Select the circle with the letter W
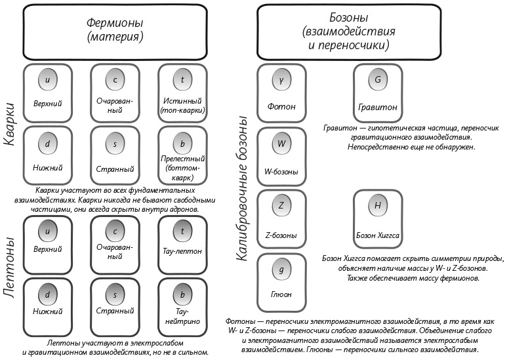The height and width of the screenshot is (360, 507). (x=281, y=144)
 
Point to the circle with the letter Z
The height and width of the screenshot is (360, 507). (x=281, y=206)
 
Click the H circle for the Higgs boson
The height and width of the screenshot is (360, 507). (x=377, y=206)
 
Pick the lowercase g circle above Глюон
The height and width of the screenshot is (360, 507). (x=281, y=269)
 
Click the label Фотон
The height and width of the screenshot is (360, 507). (x=281, y=106)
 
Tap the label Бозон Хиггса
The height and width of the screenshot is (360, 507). (x=377, y=234)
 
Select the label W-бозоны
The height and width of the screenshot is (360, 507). (x=281, y=172)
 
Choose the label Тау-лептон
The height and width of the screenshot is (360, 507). (x=182, y=249)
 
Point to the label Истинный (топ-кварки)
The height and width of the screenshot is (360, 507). (x=182, y=106)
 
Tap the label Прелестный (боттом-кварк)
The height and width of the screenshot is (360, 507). (x=182, y=168)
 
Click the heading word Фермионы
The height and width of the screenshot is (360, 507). (x=115, y=24)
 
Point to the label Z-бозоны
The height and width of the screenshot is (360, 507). (x=281, y=234)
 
